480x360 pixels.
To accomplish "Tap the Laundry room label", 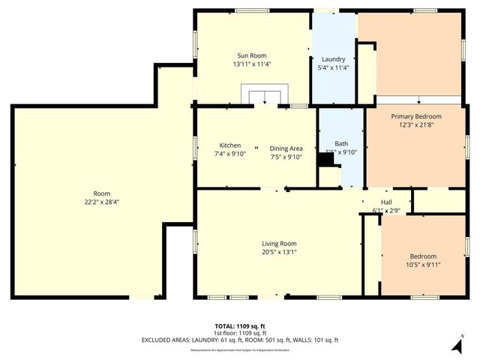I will pyautogui.click(x=333, y=59).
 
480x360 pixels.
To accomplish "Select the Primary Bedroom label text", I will pyautogui.click(x=416, y=116).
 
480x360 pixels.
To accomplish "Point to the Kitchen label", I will pyautogui.click(x=229, y=145).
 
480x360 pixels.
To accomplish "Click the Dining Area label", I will pyautogui.click(x=286, y=148).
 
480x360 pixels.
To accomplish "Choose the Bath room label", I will pyautogui.click(x=341, y=143).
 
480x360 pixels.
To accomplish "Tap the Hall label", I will pyautogui.click(x=386, y=202).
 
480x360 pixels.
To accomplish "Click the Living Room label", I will pyautogui.click(x=279, y=244).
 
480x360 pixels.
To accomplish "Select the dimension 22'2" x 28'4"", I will pyautogui.click(x=96, y=202).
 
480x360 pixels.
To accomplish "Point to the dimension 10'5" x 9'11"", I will pyautogui.click(x=423, y=264).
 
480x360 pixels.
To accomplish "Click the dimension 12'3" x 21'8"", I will pyautogui.click(x=416, y=125).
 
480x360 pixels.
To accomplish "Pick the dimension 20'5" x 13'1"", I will pyautogui.click(x=279, y=252).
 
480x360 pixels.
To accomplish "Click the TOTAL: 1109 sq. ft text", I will pyautogui.click(x=240, y=326).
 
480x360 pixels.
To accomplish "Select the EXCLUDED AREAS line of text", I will pyautogui.click(x=240, y=340).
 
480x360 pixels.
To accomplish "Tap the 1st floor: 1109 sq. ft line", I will pyautogui.click(x=240, y=333).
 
